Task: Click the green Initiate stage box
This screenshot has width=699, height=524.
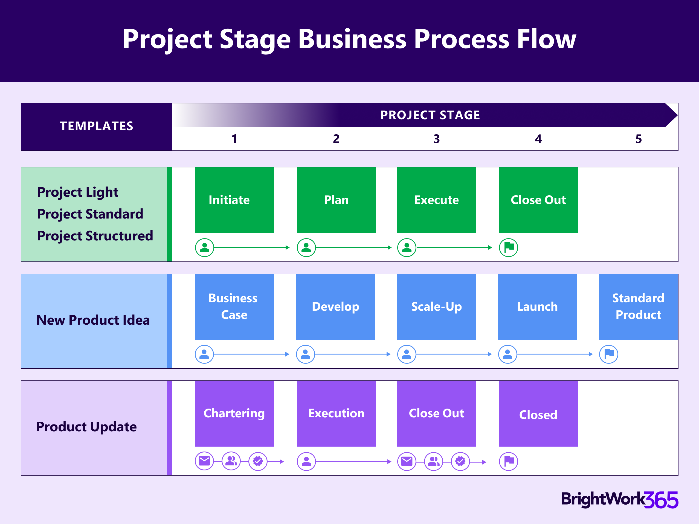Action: (234, 200)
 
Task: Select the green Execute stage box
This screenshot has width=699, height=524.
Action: (436, 200)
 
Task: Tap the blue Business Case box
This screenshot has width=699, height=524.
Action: (234, 307)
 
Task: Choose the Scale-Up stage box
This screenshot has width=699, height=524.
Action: (436, 307)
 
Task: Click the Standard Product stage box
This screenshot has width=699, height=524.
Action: (638, 307)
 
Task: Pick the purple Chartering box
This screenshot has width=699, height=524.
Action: (234, 414)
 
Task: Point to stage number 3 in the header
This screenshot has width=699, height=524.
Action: (436, 139)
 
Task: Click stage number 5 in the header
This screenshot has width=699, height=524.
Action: (638, 139)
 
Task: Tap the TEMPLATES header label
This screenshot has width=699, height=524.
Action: (96, 126)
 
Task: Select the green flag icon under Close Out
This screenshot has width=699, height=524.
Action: (508, 247)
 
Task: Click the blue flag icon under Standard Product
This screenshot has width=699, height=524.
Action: (609, 354)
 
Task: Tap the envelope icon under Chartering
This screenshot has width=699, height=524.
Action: (204, 461)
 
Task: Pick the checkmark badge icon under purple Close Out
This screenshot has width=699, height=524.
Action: (460, 461)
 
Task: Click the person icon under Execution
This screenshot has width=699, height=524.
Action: (306, 461)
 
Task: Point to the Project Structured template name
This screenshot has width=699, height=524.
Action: (95, 236)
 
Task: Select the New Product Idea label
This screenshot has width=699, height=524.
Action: (93, 320)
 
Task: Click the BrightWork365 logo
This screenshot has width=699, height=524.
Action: (619, 500)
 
